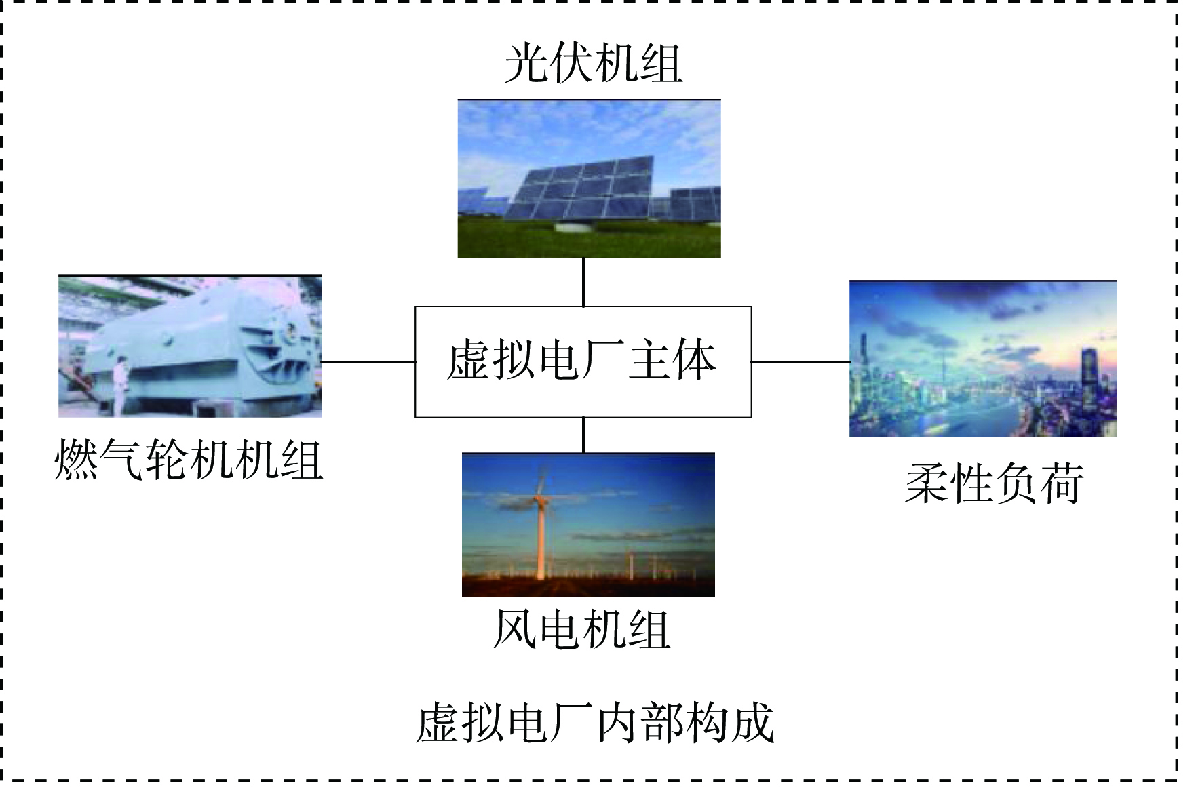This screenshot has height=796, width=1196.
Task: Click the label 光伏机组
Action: pos(593,64)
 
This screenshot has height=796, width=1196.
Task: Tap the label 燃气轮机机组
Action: pos(188,460)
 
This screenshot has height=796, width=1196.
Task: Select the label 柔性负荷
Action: pos(995,484)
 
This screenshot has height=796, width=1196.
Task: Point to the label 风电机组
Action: pos(582,630)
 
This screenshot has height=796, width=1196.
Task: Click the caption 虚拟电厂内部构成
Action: pos(595,723)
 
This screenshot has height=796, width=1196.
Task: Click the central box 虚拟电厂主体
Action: pos(583,362)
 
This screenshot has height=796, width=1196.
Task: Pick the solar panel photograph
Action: pos(589,179)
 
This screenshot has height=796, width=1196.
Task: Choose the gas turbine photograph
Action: pos(190,346)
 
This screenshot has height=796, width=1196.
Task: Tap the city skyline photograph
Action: pos(983,359)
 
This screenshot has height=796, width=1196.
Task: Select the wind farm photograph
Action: pos(588,525)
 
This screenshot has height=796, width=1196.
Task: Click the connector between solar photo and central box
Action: pos(583,282)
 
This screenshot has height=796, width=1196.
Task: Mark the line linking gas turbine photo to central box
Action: pos(368,362)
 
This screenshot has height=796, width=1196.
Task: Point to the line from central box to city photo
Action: pos(800,362)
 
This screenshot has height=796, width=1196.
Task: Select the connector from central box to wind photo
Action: pos(583,435)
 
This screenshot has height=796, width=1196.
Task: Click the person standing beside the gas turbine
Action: pos(119,385)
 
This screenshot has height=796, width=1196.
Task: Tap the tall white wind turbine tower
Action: pos(541,536)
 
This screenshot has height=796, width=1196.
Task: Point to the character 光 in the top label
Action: pos(526,64)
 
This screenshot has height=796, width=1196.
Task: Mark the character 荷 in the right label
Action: pos(1062,484)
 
